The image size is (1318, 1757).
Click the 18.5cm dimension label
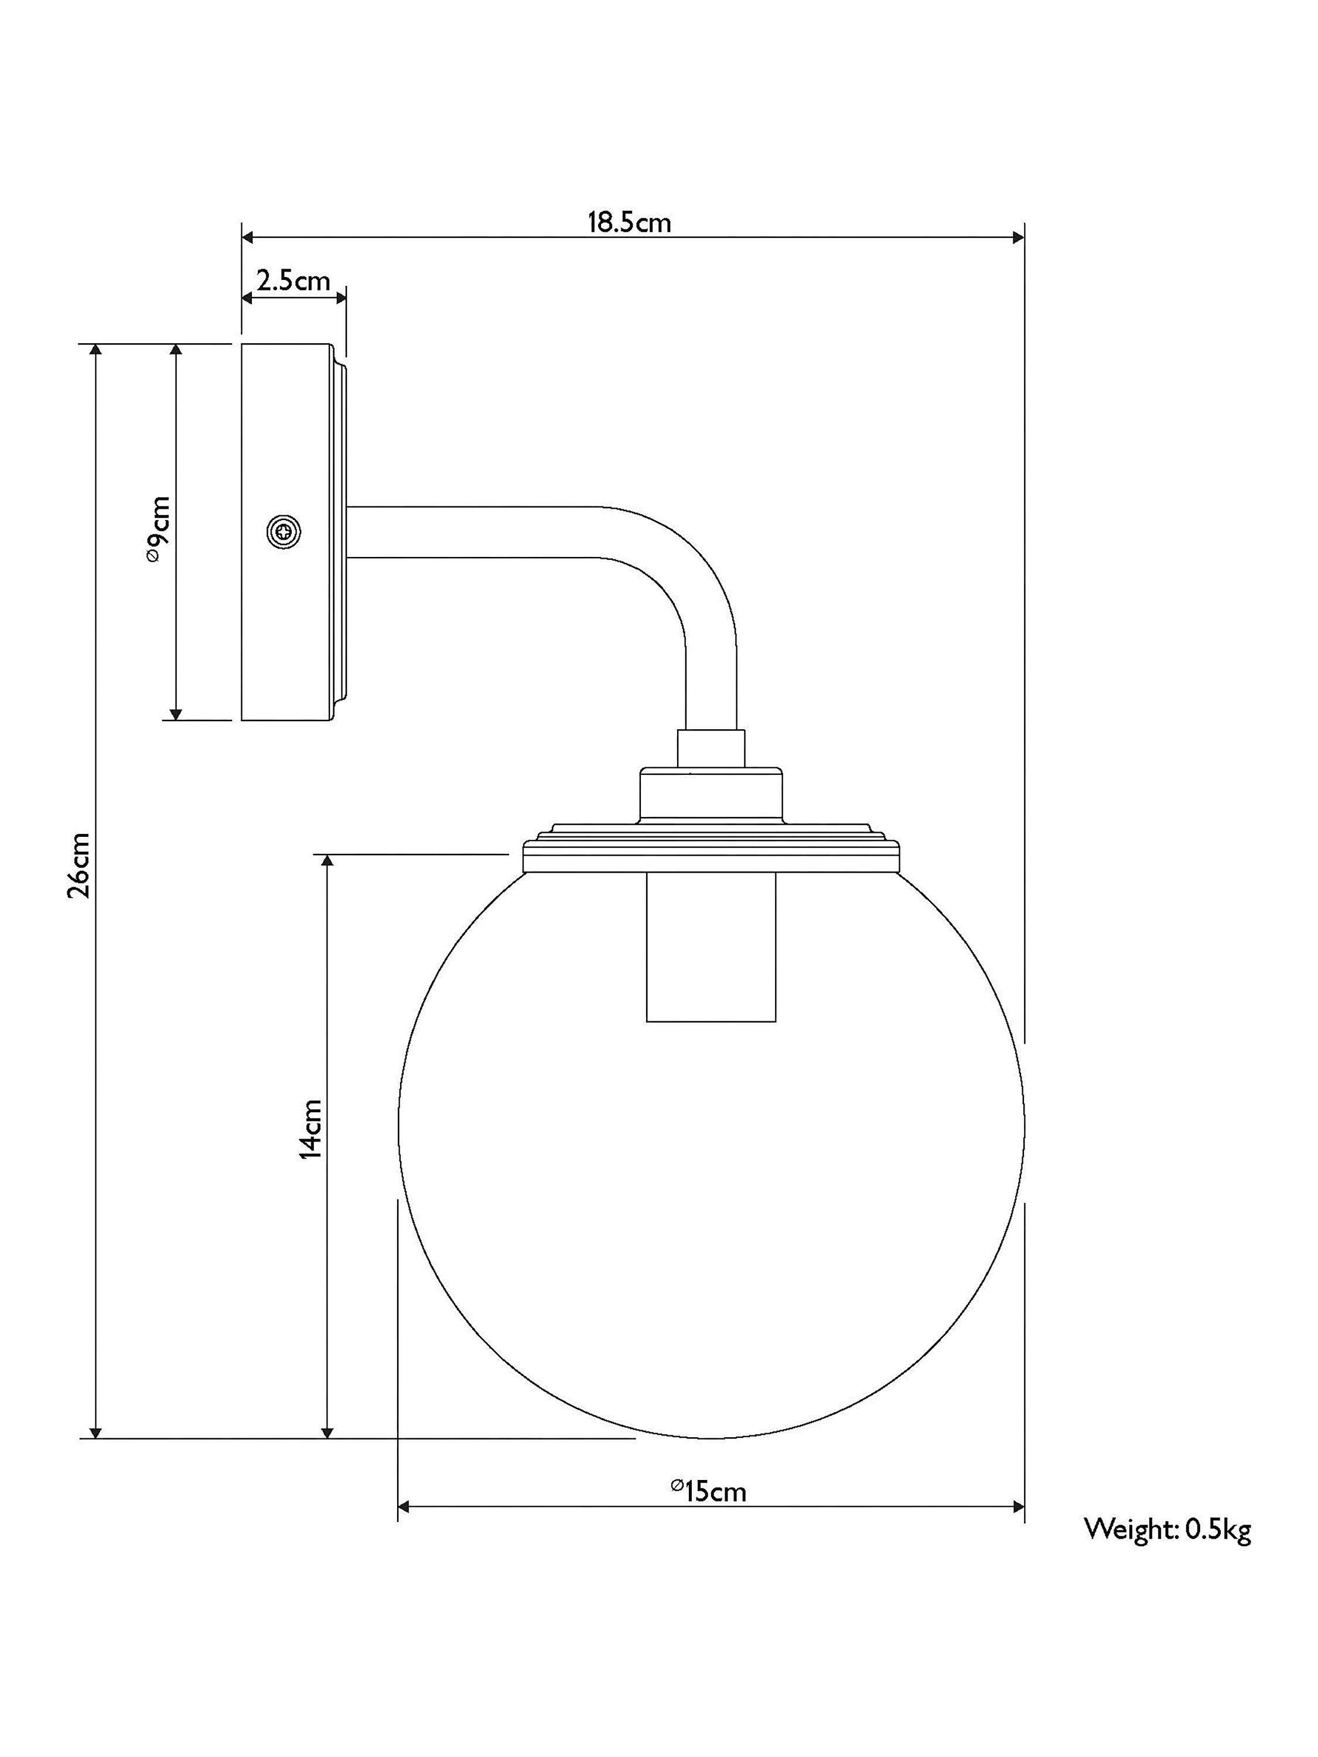click(629, 223)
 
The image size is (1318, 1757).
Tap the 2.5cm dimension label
click(292, 281)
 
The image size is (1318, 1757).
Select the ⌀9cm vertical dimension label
click(158, 530)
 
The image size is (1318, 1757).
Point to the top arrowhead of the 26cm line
click(95, 351)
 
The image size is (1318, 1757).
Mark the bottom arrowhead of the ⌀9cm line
click(176, 713)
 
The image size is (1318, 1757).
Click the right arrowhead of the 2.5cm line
click(341, 298)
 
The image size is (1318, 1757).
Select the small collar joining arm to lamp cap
click(710, 747)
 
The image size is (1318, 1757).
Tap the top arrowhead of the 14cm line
click(326, 862)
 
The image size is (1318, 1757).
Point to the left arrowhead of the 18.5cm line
click(248, 237)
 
